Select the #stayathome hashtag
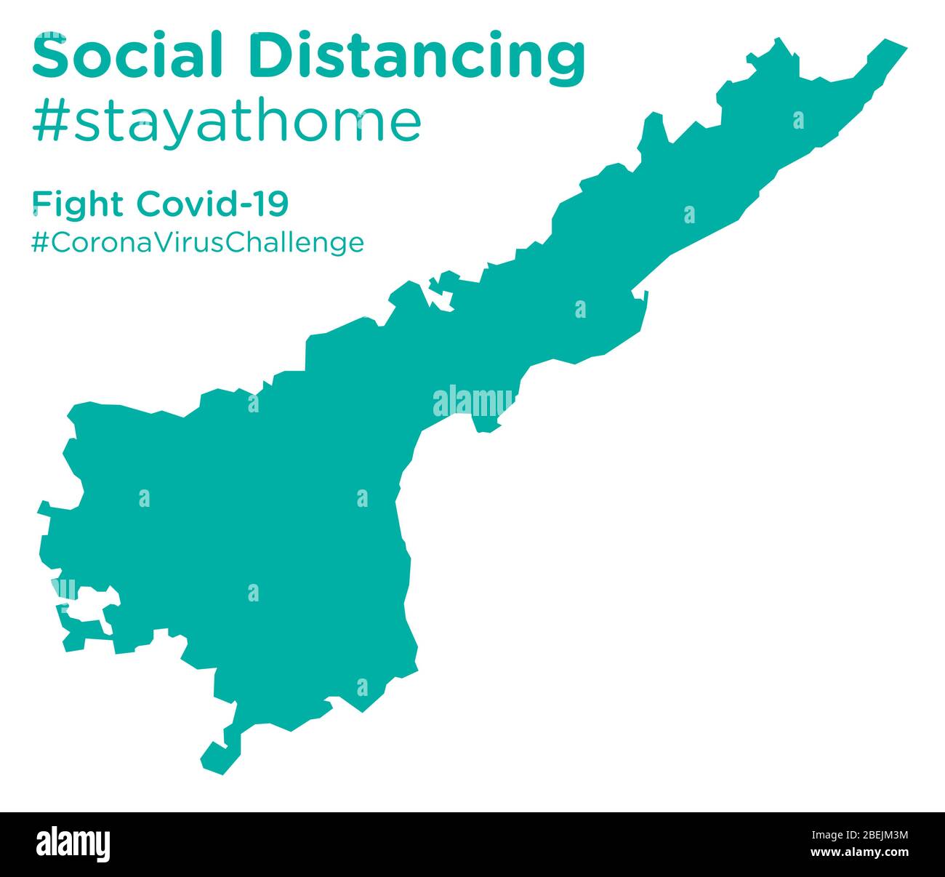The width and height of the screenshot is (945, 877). point(226,121)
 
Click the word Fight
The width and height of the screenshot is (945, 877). point(78,204)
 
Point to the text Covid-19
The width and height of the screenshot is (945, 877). point(212,204)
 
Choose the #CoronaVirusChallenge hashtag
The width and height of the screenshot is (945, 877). point(197,242)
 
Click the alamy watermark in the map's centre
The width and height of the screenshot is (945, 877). point(472,402)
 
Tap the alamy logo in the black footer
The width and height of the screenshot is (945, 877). point(73,844)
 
